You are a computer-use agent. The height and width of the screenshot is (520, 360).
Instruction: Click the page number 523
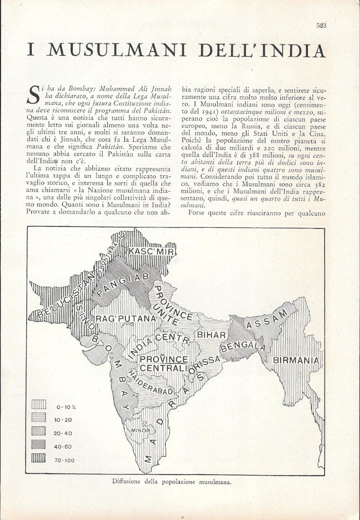(321, 26)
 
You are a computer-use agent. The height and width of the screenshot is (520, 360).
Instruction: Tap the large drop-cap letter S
(34, 94)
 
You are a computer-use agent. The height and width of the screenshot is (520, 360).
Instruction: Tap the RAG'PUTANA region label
(126, 319)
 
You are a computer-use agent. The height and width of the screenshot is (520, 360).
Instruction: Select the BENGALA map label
(243, 347)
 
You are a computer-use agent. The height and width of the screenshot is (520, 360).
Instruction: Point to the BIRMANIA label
(296, 361)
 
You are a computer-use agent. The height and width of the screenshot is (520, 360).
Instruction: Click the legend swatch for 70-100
(39, 459)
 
